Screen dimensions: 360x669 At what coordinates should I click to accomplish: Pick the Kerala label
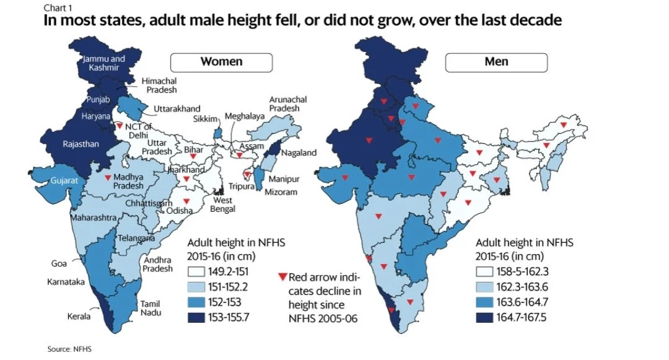click(78, 317)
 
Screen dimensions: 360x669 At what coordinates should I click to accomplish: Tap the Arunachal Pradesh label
click(284, 103)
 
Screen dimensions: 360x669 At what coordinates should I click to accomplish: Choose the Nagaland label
click(299, 153)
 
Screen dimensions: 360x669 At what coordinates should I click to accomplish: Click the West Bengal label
click(224, 205)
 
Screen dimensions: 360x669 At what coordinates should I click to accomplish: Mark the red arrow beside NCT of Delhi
click(120, 125)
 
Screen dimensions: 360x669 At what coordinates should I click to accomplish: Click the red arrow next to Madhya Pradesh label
click(108, 178)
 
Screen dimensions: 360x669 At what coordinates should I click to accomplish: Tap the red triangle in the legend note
click(282, 277)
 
